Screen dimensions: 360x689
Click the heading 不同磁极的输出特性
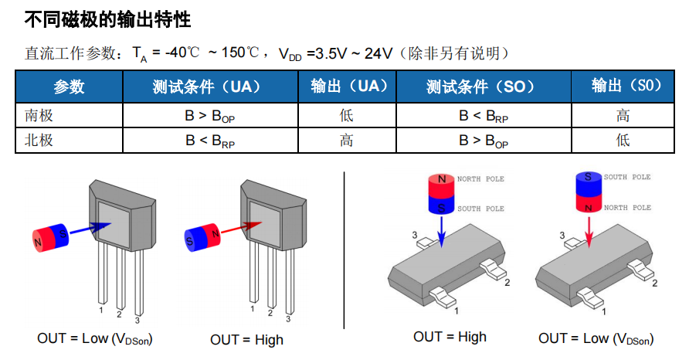click(107, 18)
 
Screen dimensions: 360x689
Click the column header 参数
click(69, 86)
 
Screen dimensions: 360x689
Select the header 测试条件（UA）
click(211, 86)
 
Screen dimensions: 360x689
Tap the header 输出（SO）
click(623, 86)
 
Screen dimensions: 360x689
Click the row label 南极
click(39, 116)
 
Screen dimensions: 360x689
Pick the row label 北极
click(39, 141)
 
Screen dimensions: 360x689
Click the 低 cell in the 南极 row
click(346, 116)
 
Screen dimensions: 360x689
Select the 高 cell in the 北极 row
click(346, 141)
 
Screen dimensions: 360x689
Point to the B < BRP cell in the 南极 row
click(484, 116)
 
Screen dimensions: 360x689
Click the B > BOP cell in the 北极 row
click(484, 141)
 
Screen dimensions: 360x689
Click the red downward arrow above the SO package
click(589, 230)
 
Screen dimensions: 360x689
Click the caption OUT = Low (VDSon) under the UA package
click(94, 338)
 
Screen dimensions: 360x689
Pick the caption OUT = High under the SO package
click(450, 337)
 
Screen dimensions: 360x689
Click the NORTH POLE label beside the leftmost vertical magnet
click(480, 179)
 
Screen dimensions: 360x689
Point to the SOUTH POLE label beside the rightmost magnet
click(627, 177)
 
